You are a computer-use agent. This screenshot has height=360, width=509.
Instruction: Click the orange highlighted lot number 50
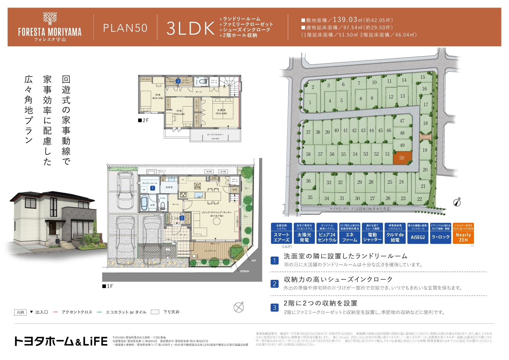click(402, 158)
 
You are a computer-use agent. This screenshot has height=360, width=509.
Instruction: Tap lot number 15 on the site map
click(423, 77)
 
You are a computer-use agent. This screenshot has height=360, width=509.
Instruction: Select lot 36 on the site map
click(308, 181)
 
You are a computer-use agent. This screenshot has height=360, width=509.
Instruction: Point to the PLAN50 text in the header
click(125, 28)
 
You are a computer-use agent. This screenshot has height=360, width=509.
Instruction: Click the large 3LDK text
click(190, 28)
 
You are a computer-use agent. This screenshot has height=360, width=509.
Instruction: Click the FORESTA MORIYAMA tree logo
click(50, 18)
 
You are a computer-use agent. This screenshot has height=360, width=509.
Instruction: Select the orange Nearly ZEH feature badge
click(463, 233)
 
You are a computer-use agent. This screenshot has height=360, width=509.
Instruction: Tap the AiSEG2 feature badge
click(418, 233)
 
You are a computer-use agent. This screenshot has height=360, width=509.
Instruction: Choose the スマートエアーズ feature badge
click(281, 233)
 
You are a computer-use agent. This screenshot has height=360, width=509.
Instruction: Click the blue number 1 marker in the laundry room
click(153, 188)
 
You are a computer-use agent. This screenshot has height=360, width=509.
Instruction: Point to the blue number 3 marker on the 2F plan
click(178, 81)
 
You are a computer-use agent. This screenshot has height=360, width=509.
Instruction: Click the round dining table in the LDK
click(216, 221)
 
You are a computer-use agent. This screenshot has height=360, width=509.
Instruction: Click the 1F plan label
click(108, 286)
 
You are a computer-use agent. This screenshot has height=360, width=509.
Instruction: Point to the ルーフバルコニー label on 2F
click(215, 134)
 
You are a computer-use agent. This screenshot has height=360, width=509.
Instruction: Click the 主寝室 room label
click(221, 110)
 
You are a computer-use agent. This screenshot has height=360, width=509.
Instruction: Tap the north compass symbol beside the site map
click(457, 202)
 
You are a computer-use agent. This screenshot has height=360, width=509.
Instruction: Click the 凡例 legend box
click(20, 312)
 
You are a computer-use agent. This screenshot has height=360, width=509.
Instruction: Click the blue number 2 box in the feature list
click(274, 284)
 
